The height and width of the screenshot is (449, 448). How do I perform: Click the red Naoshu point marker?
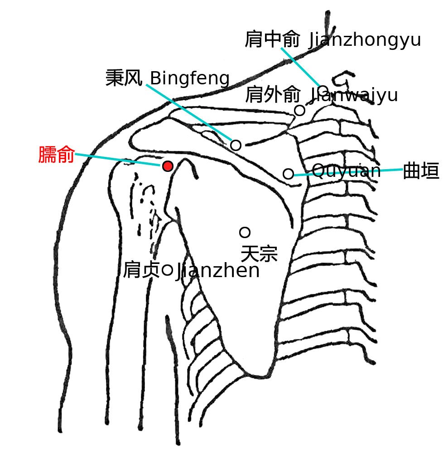(x=168, y=166)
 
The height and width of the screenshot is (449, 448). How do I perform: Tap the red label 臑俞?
(x=57, y=155)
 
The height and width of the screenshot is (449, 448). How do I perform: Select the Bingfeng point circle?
(x=236, y=146)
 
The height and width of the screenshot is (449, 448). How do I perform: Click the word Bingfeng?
(x=190, y=78)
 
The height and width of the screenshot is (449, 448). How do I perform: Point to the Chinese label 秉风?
(x=124, y=78)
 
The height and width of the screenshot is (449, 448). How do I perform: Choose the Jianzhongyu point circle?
(x=323, y=91)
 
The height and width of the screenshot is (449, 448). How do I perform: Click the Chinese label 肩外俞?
(x=273, y=94)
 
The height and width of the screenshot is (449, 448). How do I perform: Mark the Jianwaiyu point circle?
(x=299, y=110)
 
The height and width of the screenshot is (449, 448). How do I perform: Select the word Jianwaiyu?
(x=354, y=95)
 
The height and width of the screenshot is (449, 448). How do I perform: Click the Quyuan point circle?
(x=288, y=174)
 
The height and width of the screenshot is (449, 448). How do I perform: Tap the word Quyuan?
(x=346, y=171)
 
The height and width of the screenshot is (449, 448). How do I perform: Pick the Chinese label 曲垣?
(x=421, y=171)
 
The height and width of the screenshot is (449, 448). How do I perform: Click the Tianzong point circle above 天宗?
(x=245, y=233)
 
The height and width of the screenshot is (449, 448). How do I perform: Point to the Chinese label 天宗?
(x=259, y=254)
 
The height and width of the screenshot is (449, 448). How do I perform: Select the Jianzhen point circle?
(x=167, y=270)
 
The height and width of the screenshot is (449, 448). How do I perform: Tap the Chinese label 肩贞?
(x=141, y=270)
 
